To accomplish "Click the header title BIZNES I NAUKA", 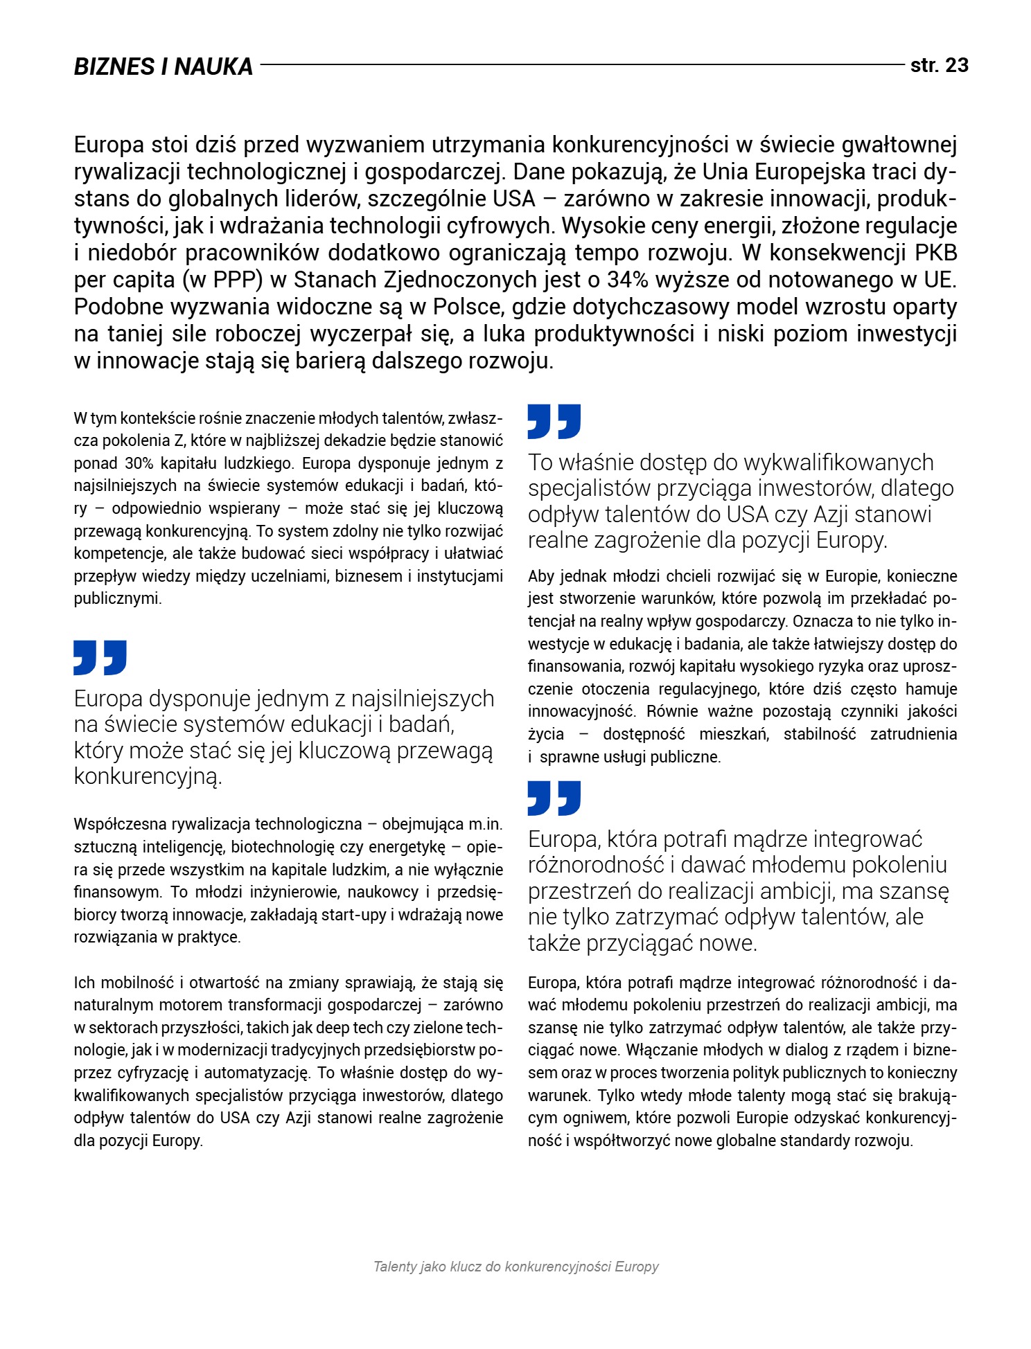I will [x=164, y=66].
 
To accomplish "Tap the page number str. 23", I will [x=939, y=66].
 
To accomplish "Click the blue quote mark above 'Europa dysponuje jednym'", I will [x=100, y=657].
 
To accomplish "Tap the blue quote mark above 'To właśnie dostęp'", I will [x=554, y=421].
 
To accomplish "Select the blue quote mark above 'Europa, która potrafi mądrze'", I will [x=554, y=798].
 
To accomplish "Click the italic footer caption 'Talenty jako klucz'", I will [x=515, y=1267].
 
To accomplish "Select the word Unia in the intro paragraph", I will [x=726, y=172].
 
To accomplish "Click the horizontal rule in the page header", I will [x=582, y=65].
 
